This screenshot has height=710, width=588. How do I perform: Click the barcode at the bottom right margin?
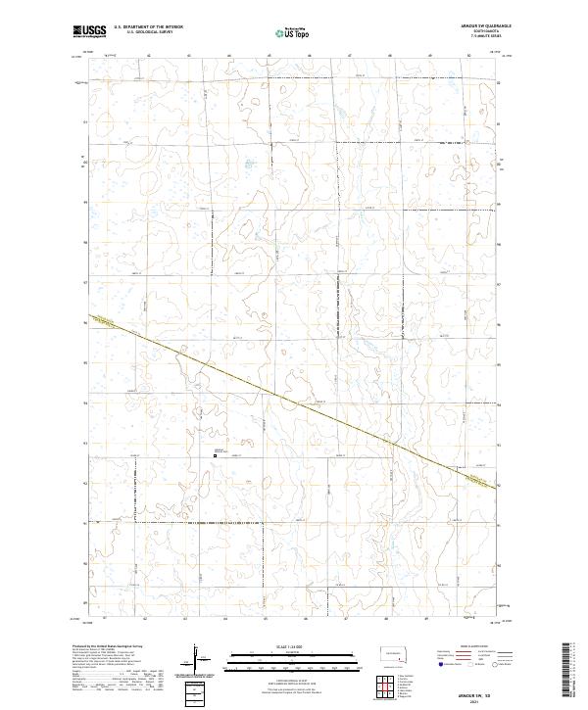[x=571, y=671]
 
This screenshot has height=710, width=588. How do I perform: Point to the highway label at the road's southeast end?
[x=479, y=479]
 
